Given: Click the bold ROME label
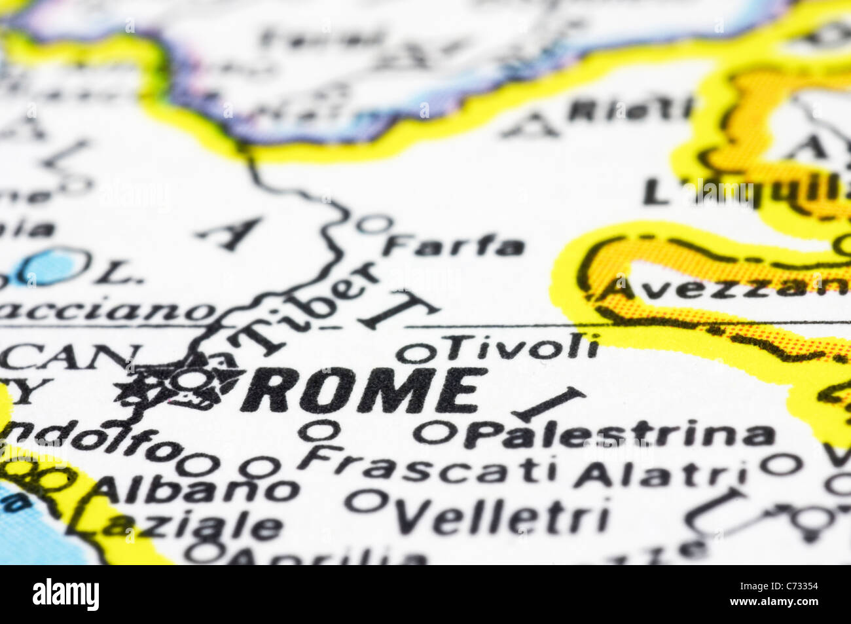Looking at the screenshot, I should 364,391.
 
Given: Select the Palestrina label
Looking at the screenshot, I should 619,435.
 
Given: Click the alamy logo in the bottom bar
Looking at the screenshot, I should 65,595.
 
